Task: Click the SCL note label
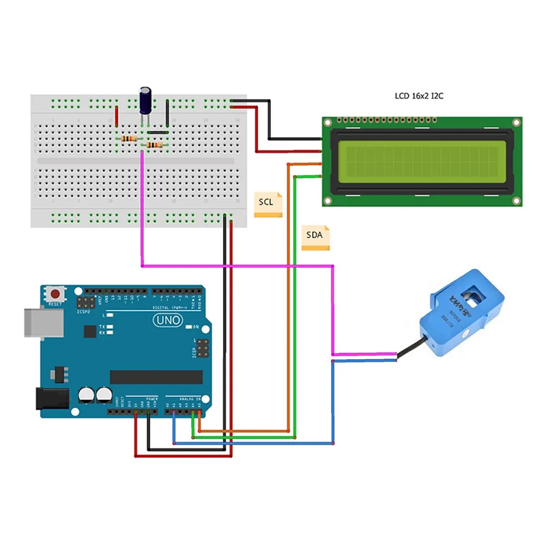(x=268, y=203)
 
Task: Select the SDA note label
(x=315, y=237)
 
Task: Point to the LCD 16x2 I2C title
(x=420, y=96)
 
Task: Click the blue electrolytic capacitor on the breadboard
(x=146, y=100)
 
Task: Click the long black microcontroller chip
(x=156, y=377)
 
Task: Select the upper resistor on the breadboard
(x=129, y=139)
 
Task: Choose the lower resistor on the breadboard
(x=155, y=145)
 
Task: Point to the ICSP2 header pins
(x=86, y=301)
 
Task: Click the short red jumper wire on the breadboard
(x=117, y=117)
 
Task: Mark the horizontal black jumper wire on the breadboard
(x=157, y=132)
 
